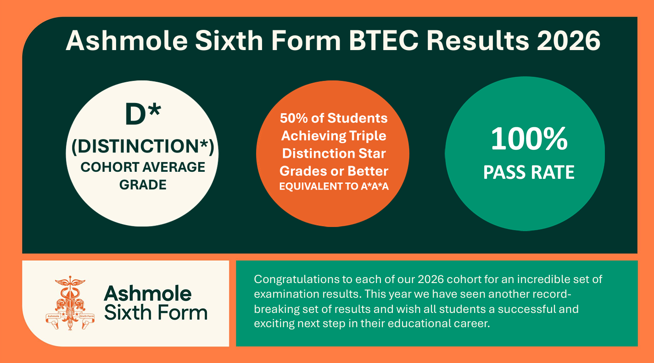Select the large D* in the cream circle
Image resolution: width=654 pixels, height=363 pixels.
point(143,113)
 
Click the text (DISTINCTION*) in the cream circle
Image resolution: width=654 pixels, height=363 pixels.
point(143,146)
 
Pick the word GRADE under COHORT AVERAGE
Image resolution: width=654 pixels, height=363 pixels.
point(143,185)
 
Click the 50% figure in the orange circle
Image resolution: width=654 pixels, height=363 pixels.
point(294,118)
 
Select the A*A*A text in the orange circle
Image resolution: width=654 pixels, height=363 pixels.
point(375,186)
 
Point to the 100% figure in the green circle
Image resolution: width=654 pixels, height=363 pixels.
point(529,139)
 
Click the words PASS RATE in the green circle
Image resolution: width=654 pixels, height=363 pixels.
point(529,172)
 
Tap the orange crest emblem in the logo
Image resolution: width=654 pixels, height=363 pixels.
point(70,303)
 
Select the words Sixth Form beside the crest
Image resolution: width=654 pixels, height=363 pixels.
point(156,312)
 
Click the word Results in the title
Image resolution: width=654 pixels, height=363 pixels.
point(478,40)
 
